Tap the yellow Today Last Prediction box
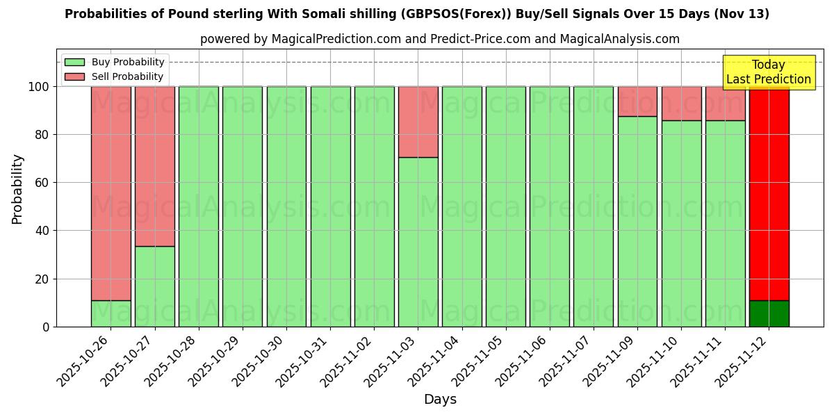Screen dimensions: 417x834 point(768,72)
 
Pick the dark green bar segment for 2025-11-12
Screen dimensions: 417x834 point(769,313)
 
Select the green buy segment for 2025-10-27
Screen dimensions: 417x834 point(155,286)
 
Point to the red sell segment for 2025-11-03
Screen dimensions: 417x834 point(418,122)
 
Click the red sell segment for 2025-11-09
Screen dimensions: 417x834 point(637,101)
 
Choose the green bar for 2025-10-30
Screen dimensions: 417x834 point(286,206)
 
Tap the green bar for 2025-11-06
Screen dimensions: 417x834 point(550,206)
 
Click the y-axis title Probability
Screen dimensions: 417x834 point(17,189)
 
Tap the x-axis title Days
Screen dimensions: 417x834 point(440,400)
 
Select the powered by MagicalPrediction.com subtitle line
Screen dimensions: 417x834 point(440,39)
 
